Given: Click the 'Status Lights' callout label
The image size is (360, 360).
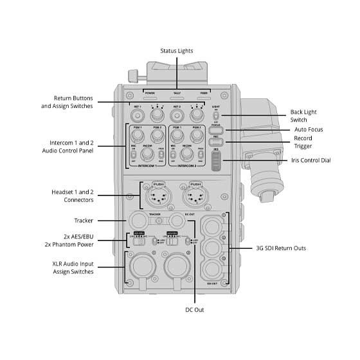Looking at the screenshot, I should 176,50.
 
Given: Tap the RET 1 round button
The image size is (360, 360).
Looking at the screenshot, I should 136,115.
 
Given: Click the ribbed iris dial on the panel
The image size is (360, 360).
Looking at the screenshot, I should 217,161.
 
